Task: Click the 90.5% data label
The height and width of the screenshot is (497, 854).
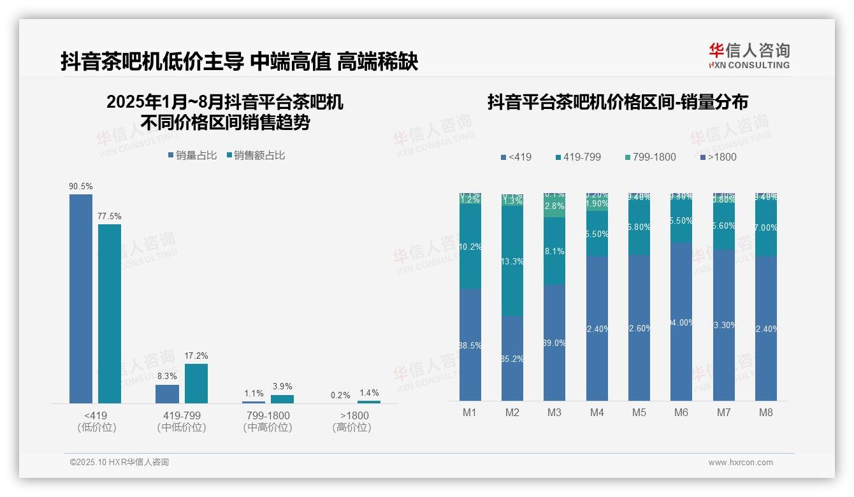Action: click(x=81, y=186)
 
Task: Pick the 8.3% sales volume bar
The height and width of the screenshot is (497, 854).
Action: click(x=167, y=394)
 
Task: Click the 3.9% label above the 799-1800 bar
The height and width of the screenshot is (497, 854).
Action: click(x=282, y=386)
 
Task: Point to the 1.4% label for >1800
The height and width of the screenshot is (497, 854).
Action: click(x=368, y=393)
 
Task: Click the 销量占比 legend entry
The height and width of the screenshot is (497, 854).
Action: click(x=192, y=155)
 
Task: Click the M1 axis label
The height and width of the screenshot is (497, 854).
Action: click(x=470, y=412)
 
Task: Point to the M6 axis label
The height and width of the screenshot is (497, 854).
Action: click(x=681, y=412)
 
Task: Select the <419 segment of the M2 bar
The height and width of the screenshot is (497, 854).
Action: click(x=512, y=358)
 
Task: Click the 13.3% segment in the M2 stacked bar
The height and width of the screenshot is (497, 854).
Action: click(x=512, y=261)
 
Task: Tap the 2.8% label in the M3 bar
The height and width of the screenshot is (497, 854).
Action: click(x=554, y=206)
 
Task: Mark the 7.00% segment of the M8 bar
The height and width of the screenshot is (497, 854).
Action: click(x=765, y=227)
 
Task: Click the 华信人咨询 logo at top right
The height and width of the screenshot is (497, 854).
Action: click(x=749, y=55)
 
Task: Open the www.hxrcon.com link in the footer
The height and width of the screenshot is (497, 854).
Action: click(x=740, y=463)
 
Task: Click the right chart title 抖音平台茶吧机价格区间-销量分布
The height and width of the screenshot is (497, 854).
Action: click(x=617, y=102)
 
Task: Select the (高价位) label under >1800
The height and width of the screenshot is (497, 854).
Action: click(x=351, y=428)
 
